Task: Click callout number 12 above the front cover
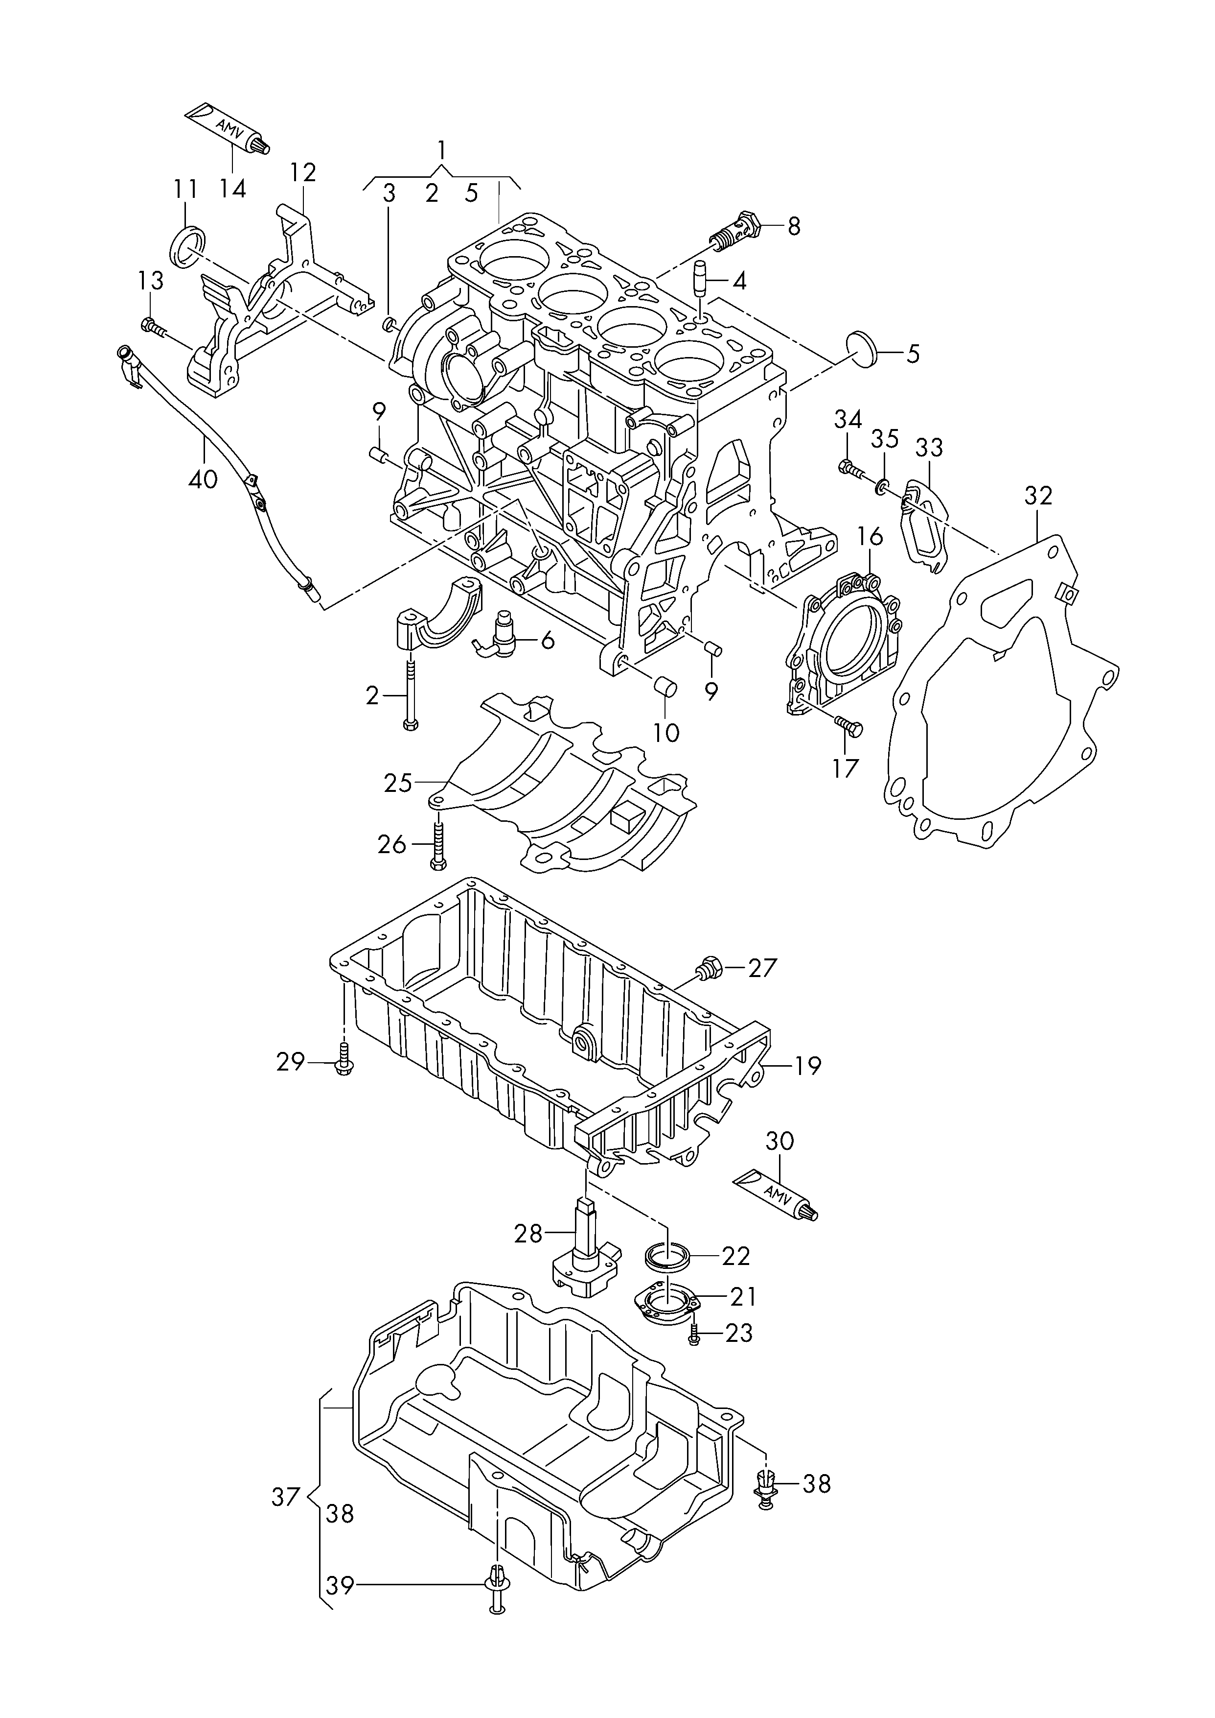tap(304, 172)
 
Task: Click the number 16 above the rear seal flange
tap(870, 535)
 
